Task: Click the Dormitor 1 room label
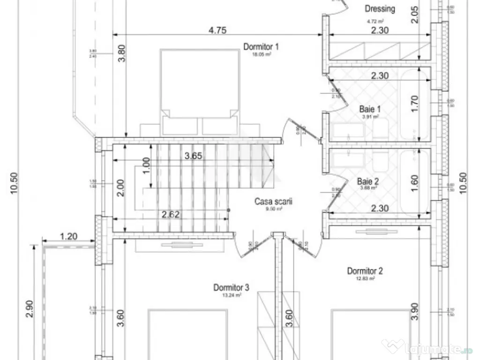coord(261,46)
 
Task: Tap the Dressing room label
coord(380,8)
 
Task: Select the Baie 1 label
coord(370,109)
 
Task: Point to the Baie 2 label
coord(368,181)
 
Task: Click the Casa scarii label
coord(273,202)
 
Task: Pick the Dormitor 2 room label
coord(365,271)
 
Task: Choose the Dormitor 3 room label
coord(231,287)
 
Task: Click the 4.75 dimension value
coord(217,30)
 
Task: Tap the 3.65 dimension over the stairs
coord(193,157)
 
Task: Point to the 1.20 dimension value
coord(69,236)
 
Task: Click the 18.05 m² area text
coord(262,54)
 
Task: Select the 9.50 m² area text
coord(273,210)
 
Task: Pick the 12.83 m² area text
coord(366,278)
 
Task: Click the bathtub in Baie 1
coord(416,104)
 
